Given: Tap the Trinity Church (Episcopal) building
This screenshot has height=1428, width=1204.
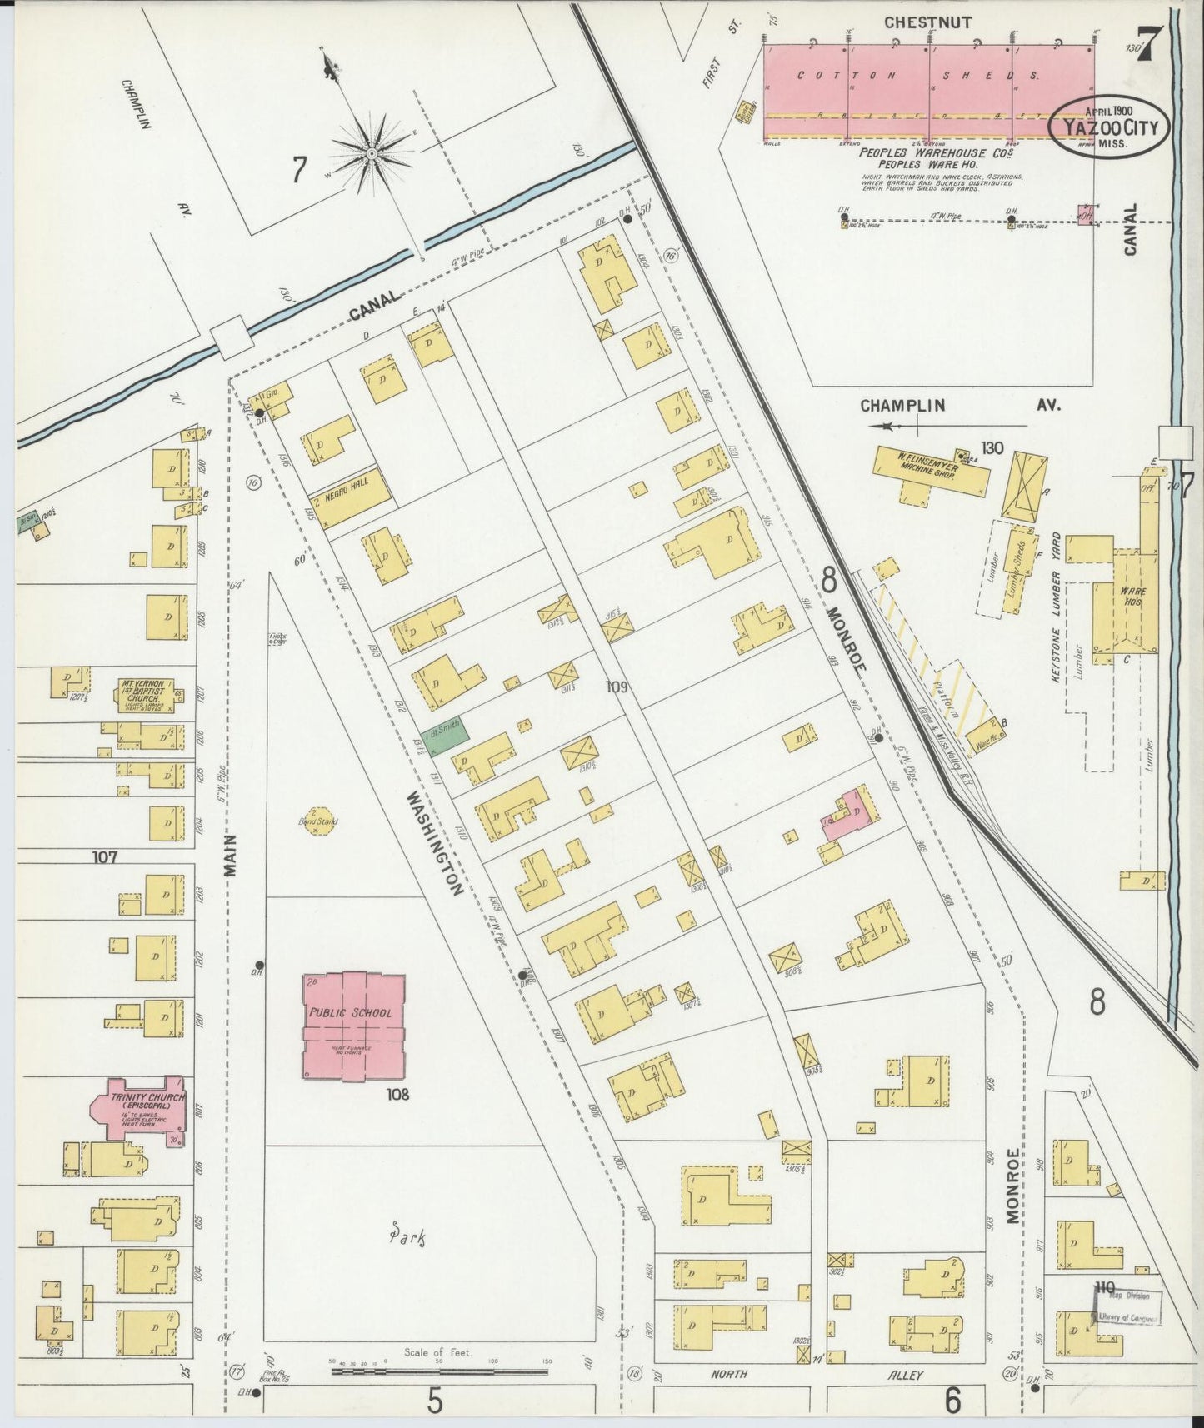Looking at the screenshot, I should point(141,1110).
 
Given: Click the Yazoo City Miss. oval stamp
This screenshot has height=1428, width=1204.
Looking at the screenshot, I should point(1108,127).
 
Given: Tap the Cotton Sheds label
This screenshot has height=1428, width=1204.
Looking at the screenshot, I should point(917,75).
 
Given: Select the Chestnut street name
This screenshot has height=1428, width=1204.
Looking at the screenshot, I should point(927,22).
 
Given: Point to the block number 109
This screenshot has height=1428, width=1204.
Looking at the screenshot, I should point(617,687).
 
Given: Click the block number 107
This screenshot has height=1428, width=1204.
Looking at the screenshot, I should point(105,856).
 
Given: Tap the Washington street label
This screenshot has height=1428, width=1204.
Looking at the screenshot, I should point(433,843).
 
